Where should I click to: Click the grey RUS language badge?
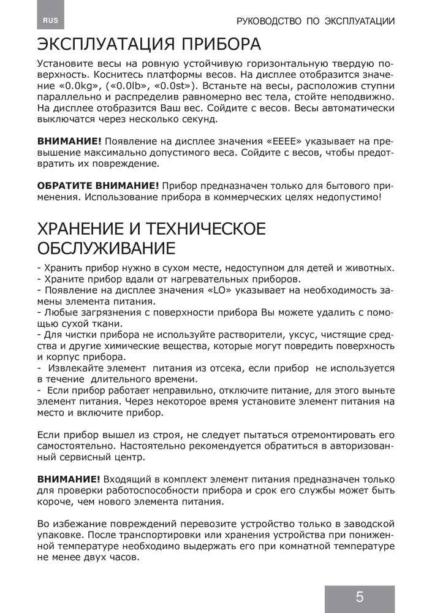50,20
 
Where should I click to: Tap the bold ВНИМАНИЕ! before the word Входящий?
69,478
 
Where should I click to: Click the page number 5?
359,596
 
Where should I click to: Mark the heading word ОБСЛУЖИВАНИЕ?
106,249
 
